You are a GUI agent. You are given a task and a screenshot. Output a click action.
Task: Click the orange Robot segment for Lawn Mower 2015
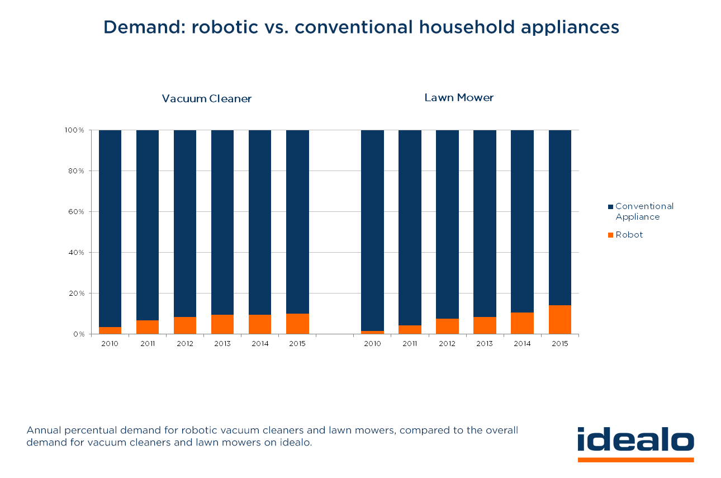pyautogui.click(x=559, y=319)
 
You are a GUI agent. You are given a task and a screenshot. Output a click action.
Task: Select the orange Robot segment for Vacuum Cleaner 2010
pyautogui.click(x=110, y=330)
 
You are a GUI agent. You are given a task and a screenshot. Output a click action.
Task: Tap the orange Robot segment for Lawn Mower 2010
pyautogui.click(x=372, y=332)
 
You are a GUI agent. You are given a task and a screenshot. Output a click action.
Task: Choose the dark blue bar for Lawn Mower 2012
pyautogui.click(x=447, y=224)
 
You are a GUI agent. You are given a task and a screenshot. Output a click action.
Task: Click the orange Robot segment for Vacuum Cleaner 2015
pyautogui.click(x=297, y=324)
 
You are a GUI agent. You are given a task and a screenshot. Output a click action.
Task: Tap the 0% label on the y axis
pyautogui.click(x=78, y=334)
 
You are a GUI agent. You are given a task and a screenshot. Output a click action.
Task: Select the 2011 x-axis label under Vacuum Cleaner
pyautogui.click(x=148, y=344)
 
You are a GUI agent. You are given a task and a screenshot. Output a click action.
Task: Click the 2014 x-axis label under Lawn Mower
pyautogui.click(x=522, y=344)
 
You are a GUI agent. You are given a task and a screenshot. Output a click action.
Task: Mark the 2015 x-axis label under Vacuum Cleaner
pyautogui.click(x=297, y=344)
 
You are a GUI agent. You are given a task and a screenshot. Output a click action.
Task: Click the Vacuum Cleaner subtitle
pyautogui.click(x=207, y=99)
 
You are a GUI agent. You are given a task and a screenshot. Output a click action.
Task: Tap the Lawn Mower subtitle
pyautogui.click(x=459, y=98)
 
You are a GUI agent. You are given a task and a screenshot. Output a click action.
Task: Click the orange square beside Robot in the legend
pyautogui.click(x=611, y=235)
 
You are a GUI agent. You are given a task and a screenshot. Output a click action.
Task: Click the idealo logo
pyautogui.click(x=635, y=441)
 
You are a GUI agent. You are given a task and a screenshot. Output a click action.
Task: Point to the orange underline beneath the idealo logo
pyautogui.click(x=635, y=460)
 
